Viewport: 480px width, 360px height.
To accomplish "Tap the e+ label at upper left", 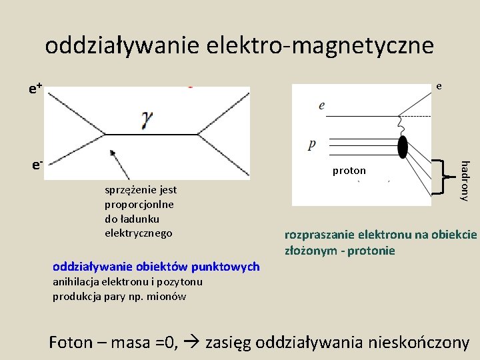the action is (36, 87).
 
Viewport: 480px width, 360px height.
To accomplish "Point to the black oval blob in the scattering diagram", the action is (403, 146).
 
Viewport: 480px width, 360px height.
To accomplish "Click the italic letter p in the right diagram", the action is (313, 144).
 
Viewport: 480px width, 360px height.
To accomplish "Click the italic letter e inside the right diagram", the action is (321, 105).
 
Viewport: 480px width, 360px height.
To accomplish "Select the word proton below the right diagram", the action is (349, 171).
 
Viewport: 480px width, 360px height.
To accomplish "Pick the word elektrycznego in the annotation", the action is (139, 233).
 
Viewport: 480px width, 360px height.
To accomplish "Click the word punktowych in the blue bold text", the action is (227, 267).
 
